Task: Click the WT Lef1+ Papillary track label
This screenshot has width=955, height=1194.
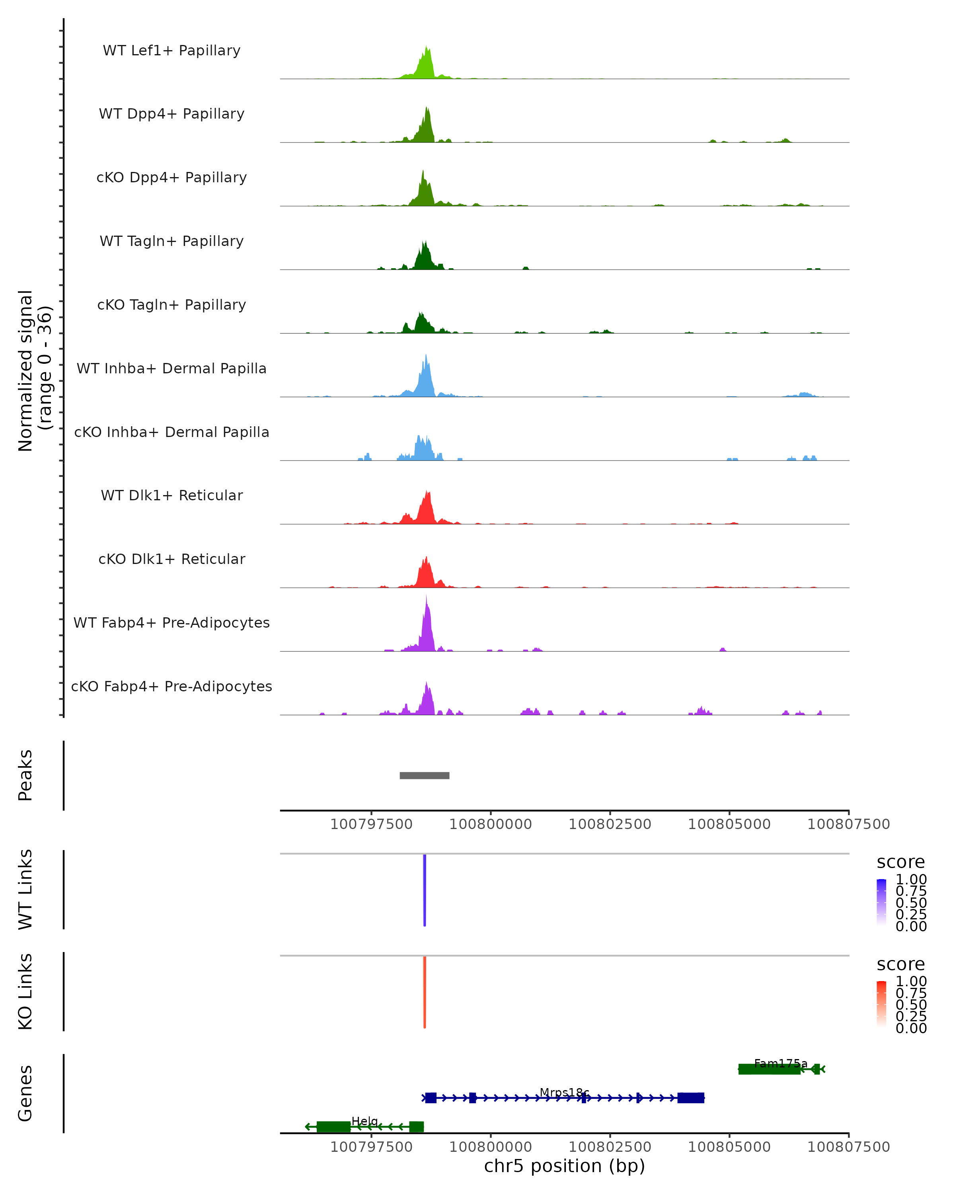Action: click(x=172, y=51)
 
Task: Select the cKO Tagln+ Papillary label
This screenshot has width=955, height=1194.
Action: click(x=172, y=304)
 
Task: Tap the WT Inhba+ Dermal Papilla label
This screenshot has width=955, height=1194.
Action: click(x=172, y=368)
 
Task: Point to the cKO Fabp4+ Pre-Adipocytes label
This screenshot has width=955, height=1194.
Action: click(x=172, y=686)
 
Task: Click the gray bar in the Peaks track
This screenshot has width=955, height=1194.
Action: click(x=425, y=775)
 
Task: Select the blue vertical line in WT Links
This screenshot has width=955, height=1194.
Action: click(x=425, y=890)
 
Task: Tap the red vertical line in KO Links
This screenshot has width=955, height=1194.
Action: click(x=425, y=993)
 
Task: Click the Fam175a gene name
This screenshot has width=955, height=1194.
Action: click(x=781, y=1063)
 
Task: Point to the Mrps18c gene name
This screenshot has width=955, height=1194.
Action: click(x=564, y=1093)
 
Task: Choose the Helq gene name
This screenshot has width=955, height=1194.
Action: click(x=365, y=1122)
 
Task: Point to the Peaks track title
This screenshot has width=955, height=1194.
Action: click(x=25, y=775)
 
